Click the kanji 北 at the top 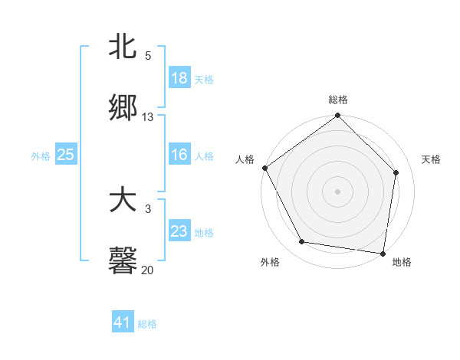[123, 47]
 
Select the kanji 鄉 [123, 109]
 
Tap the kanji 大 [123, 201]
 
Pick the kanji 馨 [123, 260]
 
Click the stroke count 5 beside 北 [148, 56]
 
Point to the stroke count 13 [148, 117]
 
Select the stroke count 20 [148, 270]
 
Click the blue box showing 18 [179, 78]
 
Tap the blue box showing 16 [179, 155]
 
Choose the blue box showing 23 [179, 231]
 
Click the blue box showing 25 [66, 155]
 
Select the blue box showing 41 [123, 323]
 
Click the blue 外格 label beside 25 [41, 156]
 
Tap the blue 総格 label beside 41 [147, 324]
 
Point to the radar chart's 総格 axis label [338, 100]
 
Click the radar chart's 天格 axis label [432, 159]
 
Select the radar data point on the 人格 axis [265, 168]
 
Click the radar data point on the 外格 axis [302, 242]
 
